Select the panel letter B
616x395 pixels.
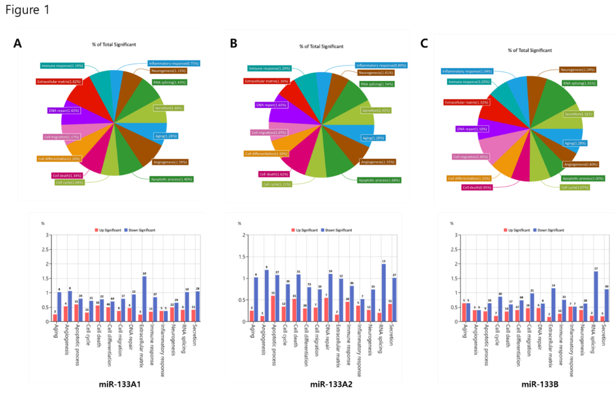(x=233, y=43)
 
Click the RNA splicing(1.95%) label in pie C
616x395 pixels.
(x=579, y=83)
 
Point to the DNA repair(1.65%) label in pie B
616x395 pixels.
(x=271, y=105)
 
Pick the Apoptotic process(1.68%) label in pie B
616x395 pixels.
(x=379, y=180)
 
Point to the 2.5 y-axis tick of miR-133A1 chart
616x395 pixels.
(x=45, y=250)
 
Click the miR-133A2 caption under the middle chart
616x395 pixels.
(x=331, y=384)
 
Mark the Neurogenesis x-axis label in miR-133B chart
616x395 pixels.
(x=582, y=340)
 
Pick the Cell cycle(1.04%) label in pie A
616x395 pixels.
(x=69, y=183)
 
